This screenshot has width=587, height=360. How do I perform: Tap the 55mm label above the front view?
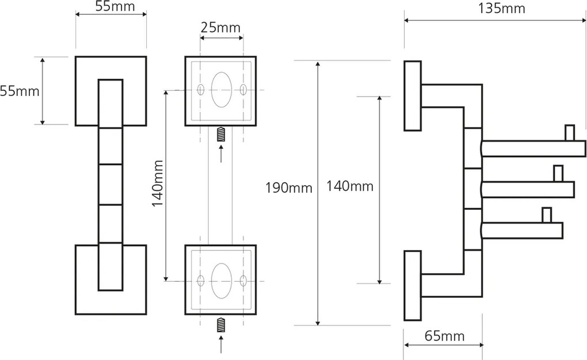coord(112,8)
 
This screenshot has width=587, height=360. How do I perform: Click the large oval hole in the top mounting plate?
coord(222,90)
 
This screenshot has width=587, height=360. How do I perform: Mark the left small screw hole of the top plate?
coord(200,90)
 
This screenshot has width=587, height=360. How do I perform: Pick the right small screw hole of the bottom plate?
coord(243,281)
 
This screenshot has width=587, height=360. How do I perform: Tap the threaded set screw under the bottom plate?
coord(222,325)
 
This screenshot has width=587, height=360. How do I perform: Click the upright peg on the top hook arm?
coord(569,133)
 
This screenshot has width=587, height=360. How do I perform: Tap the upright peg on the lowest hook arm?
coord(546,215)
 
